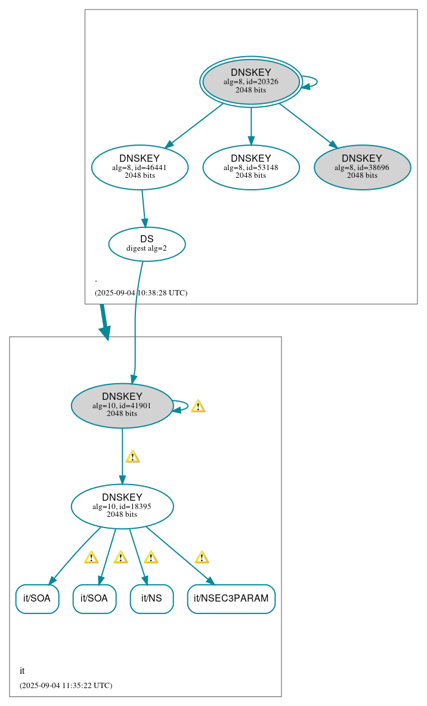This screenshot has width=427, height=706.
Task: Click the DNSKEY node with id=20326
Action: (251, 82)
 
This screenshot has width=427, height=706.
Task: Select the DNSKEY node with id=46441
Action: (140, 167)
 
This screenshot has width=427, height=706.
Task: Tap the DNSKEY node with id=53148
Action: (250, 167)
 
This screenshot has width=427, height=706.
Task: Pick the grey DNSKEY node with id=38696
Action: (362, 167)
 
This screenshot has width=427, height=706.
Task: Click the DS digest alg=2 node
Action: (147, 243)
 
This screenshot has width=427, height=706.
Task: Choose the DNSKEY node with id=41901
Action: (122, 405)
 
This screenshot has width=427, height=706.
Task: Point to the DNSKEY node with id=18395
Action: (122, 506)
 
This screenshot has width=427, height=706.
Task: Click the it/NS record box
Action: (151, 599)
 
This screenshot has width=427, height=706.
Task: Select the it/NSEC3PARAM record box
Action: (231, 599)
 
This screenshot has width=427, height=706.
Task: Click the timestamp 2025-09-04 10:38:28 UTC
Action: (141, 293)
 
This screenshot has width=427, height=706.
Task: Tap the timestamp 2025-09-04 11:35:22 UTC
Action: (66, 686)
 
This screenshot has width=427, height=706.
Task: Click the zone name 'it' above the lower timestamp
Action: (22, 671)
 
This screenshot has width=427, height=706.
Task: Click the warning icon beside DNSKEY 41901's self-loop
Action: (198, 406)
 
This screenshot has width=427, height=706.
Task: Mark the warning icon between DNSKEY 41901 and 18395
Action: (132, 457)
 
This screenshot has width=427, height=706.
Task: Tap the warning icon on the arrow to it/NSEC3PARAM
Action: (202, 557)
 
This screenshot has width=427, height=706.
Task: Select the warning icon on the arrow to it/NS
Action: (151, 557)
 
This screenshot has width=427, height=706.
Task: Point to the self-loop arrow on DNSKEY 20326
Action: (314, 82)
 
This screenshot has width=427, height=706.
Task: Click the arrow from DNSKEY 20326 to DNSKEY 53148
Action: (250, 125)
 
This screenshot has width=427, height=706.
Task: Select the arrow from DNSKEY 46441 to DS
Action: (143, 208)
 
